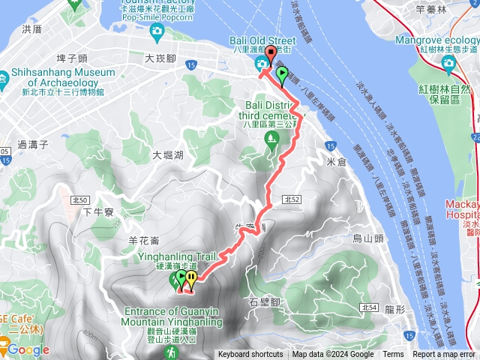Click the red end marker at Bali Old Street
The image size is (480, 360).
[x=270, y=53]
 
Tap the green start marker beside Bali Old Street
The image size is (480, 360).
[x=283, y=73]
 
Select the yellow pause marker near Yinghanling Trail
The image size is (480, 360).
[x=191, y=278]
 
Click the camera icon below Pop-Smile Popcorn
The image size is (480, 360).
[x=157, y=31]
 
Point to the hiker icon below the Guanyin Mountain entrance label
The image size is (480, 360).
[x=172, y=351]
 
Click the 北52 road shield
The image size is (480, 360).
[x=292, y=199]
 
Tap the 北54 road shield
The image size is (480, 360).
[x=367, y=307]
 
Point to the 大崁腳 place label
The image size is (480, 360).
[x=160, y=57]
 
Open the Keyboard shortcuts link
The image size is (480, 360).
[x=250, y=355]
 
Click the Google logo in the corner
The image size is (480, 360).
[x=28, y=349]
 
